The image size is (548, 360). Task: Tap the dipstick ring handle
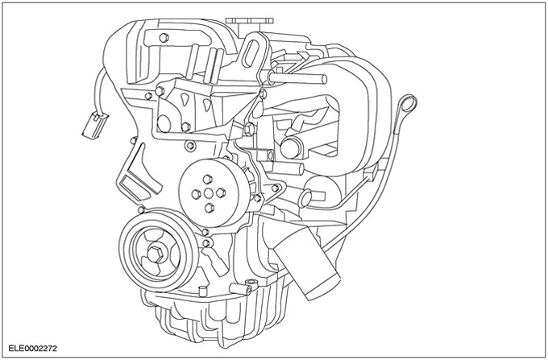pyautogui.click(x=410, y=101)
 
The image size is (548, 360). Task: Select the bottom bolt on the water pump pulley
pyautogui.click(x=210, y=207)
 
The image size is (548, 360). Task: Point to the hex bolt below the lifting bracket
pyautogui.click(x=248, y=129)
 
